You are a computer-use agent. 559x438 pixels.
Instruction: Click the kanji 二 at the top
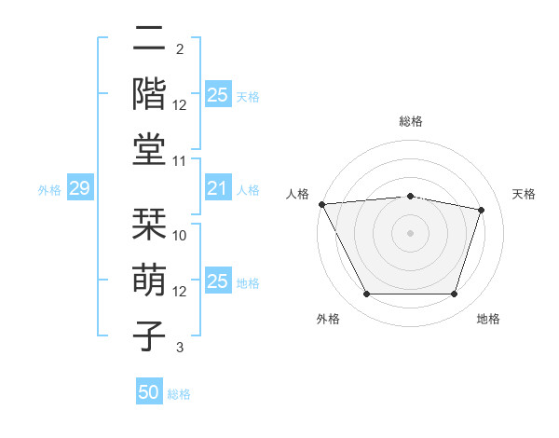(x=149, y=40)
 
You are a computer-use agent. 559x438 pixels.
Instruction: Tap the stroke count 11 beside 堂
(x=180, y=160)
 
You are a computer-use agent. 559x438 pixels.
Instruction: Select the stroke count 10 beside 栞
(x=180, y=235)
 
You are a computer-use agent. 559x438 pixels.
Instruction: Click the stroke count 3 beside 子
(x=180, y=348)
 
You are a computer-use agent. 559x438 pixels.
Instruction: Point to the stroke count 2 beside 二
(x=180, y=48)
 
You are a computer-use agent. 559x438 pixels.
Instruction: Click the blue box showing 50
(x=149, y=392)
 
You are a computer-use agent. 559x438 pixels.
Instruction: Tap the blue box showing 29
(x=80, y=189)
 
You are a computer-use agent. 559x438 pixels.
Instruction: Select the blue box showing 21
(x=217, y=189)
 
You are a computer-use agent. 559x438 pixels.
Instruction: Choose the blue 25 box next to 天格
(x=217, y=95)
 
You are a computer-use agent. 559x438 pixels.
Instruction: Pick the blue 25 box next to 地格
(x=217, y=281)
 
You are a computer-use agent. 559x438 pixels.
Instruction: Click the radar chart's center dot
(x=410, y=232)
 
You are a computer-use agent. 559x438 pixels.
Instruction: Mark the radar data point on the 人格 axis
(x=321, y=203)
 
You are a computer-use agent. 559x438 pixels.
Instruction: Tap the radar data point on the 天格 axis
(x=482, y=210)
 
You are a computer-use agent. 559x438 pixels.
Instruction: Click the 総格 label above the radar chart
(x=410, y=121)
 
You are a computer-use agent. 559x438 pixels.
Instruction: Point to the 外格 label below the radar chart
(x=328, y=319)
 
